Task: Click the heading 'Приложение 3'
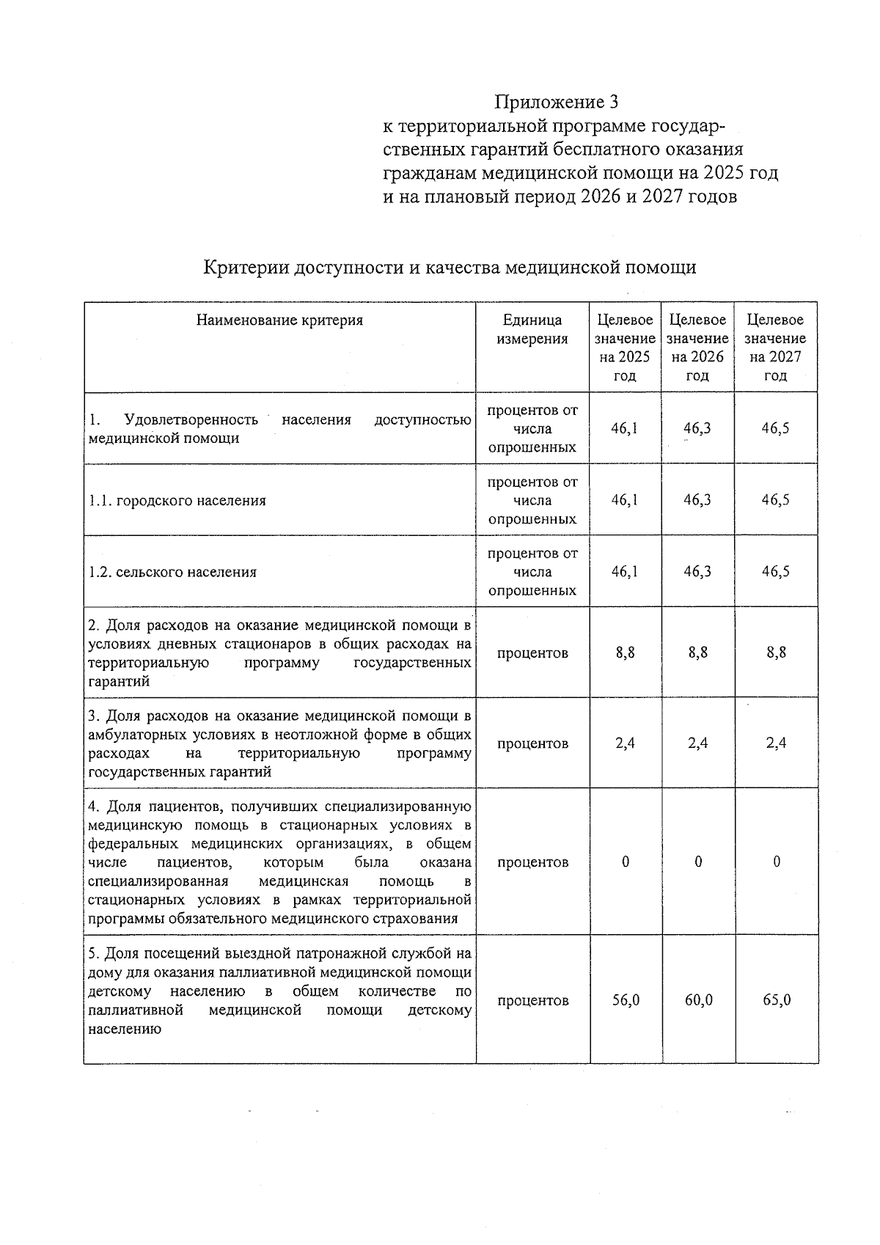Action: [557, 101]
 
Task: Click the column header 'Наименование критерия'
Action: [279, 320]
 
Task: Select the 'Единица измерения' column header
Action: [532, 329]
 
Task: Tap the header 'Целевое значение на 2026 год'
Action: [697, 348]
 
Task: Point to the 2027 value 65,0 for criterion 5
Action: [776, 1001]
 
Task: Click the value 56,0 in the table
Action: [626, 1001]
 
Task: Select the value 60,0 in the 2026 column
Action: [698, 1001]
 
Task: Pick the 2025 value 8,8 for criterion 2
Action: [626, 653]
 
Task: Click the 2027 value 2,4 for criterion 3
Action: [776, 743]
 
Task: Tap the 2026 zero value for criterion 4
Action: [698, 862]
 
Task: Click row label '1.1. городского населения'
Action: [177, 501]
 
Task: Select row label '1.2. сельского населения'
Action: [172, 573]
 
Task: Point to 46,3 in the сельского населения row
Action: [697, 572]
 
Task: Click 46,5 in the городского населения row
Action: [776, 500]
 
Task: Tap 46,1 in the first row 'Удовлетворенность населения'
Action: [625, 428]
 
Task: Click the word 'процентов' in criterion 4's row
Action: [532, 862]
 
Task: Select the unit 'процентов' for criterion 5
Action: [532, 1001]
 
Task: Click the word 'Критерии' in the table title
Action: [246, 268]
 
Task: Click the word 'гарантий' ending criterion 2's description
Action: [119, 682]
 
